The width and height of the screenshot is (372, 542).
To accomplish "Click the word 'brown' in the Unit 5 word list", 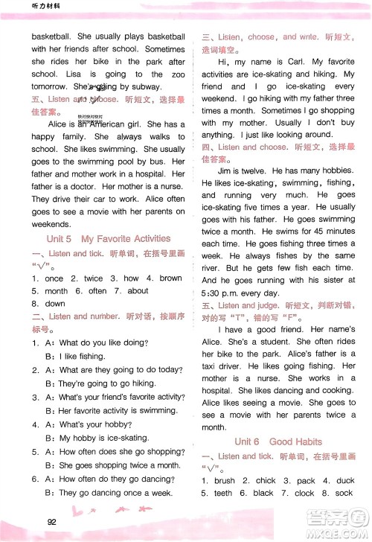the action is tap(170, 278).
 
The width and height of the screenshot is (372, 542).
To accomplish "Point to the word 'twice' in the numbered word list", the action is tap(93, 278).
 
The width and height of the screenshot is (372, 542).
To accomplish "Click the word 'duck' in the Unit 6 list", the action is tap(344, 481).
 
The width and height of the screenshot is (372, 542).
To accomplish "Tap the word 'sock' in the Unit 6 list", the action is tap(344, 493).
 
